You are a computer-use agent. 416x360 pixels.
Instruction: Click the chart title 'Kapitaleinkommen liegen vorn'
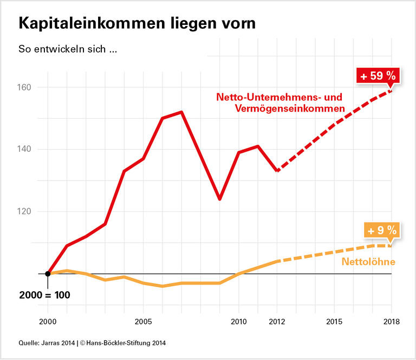click(136, 23)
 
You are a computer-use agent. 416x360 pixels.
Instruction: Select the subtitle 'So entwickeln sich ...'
click(68, 49)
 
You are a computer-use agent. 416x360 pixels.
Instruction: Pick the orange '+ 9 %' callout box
click(382, 230)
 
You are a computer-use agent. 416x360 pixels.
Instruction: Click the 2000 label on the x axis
click(48, 322)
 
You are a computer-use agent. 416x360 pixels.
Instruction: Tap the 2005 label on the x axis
click(143, 322)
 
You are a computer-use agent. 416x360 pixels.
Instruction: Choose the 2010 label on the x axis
click(238, 322)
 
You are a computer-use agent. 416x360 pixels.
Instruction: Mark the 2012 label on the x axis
click(277, 322)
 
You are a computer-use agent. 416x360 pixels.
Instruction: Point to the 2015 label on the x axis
click(334, 322)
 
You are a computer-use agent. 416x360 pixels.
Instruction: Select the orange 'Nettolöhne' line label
click(368, 262)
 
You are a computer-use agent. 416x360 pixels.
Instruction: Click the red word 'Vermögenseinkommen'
click(290, 109)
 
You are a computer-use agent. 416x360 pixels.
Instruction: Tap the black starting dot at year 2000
click(48, 273)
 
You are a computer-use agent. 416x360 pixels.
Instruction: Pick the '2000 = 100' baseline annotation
click(45, 296)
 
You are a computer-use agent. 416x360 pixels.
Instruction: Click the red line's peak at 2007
click(181, 112)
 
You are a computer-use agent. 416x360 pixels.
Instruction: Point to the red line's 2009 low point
click(219, 199)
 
